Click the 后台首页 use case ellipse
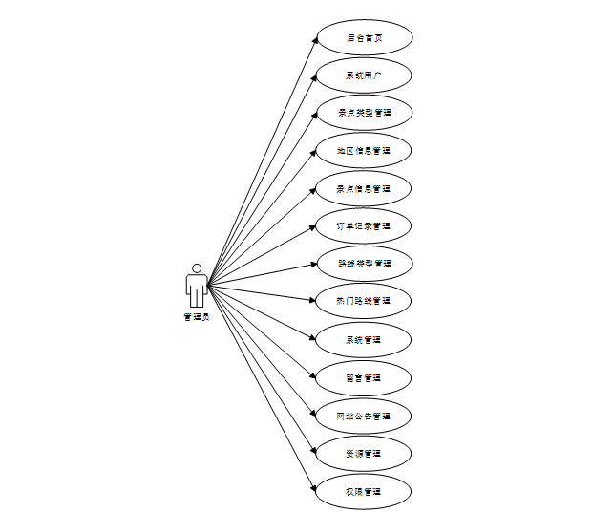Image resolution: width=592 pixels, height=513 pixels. [364, 38]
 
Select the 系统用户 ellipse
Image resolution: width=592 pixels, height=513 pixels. [364, 75]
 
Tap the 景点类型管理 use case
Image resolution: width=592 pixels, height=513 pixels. [364, 113]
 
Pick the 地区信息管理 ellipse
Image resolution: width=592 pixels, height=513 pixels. [364, 151]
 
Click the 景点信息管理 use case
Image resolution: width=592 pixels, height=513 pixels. [364, 189]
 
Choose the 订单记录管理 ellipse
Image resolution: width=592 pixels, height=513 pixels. [364, 226]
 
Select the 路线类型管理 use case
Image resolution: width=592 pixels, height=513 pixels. [364, 264]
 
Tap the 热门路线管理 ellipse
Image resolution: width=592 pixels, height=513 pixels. [364, 302]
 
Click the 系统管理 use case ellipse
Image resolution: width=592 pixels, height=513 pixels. [364, 340]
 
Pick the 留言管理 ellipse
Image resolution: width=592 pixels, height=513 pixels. [364, 378]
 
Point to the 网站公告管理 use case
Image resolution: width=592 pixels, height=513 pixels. [364, 417]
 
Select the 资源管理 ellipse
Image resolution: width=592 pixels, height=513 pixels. [364, 454]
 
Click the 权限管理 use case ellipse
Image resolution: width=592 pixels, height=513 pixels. [364, 492]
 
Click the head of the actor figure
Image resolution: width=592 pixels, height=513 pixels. [197, 268]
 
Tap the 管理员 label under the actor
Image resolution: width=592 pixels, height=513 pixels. [197, 317]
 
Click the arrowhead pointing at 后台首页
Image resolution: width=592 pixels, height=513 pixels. [313, 41]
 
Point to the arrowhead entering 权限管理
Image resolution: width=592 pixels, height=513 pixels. [313, 489]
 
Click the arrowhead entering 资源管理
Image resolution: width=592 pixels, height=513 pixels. [313, 452]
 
